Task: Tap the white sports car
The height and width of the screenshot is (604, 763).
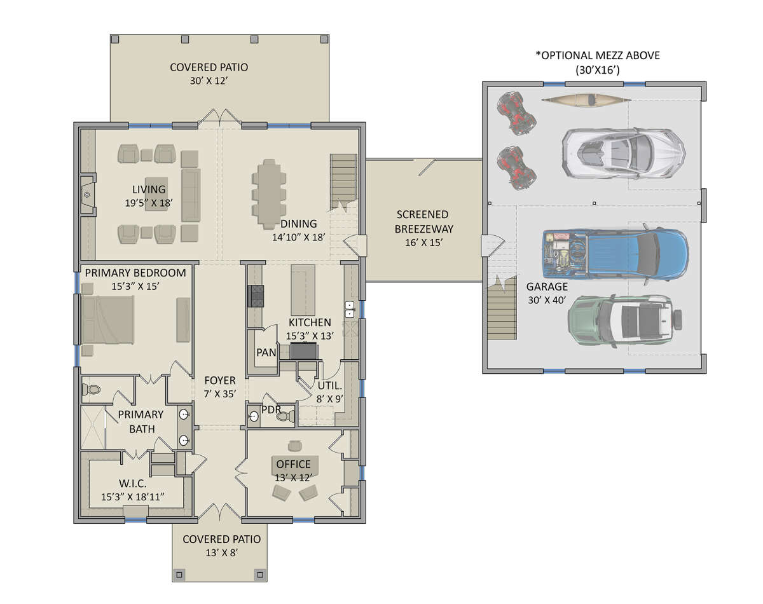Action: point(624,153)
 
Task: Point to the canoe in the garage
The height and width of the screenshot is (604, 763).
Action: point(586,100)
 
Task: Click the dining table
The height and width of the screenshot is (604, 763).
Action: point(269,194)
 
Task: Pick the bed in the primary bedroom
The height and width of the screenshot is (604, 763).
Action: point(108,320)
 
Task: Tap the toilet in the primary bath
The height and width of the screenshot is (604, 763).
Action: point(91,390)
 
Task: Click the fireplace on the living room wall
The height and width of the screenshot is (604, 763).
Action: point(88,195)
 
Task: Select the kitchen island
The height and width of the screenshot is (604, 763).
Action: point(303,290)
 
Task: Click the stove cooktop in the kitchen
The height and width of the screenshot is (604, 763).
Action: point(256,296)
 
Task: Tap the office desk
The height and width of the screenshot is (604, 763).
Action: point(294,466)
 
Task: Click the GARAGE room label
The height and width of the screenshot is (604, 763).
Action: point(547,287)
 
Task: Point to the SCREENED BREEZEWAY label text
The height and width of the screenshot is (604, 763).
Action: point(423,222)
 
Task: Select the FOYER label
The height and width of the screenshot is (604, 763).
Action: point(220,380)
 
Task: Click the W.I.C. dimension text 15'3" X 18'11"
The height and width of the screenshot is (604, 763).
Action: point(133,497)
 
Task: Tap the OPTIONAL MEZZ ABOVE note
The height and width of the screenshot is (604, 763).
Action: point(598,55)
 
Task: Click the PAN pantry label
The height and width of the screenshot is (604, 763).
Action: point(266,352)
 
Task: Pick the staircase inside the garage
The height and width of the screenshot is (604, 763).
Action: point(502,308)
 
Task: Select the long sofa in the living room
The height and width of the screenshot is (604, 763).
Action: point(191,195)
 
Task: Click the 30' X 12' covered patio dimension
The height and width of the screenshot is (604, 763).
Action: point(209,81)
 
